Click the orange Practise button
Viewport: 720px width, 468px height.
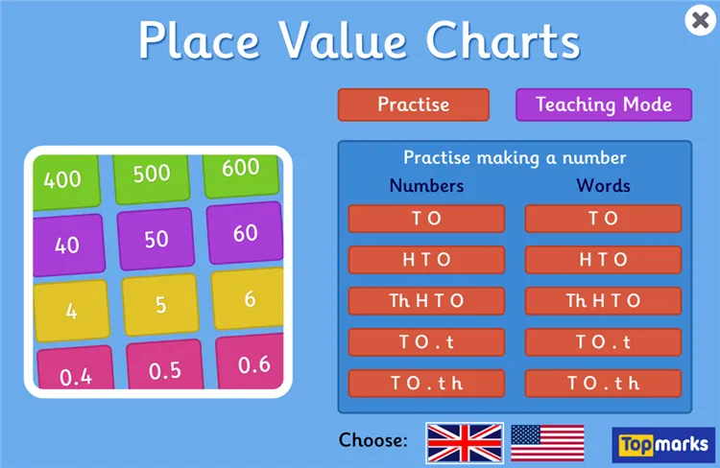pos(413,105)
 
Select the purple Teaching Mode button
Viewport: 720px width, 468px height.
pos(603,105)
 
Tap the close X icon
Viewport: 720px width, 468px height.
pos(699,21)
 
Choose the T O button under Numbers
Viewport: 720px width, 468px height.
pos(426,219)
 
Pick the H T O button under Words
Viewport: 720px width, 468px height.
pos(603,260)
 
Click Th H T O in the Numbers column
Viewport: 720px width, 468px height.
pos(426,301)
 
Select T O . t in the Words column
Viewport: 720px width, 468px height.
pos(603,342)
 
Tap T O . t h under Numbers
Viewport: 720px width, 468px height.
pos(426,384)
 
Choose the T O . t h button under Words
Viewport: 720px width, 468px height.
pos(603,384)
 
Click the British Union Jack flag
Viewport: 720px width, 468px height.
pos(465,441)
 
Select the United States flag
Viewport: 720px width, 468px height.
pos(547,441)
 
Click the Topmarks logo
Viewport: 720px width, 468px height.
pos(662,444)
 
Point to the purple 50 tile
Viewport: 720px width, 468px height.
pos(156,239)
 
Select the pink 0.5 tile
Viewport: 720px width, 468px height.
pos(164,369)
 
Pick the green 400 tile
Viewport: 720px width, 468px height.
pos(63,178)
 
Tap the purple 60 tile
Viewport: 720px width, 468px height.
pos(245,233)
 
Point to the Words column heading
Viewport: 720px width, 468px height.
pos(603,185)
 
